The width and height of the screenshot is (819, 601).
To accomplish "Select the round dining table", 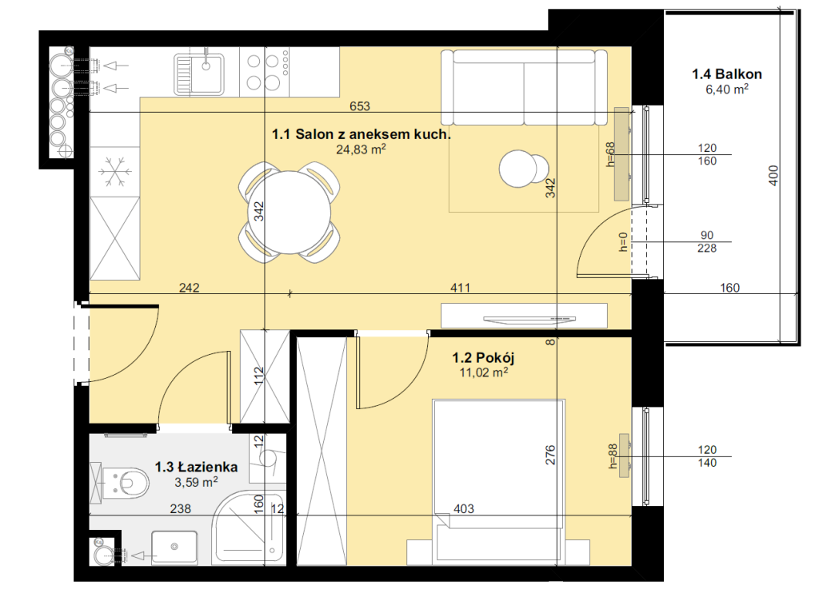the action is [290, 213].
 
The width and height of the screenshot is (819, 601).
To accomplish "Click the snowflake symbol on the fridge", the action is [115, 172].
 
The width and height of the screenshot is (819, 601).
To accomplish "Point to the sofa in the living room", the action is [524, 87].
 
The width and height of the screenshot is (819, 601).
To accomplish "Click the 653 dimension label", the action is [360, 106].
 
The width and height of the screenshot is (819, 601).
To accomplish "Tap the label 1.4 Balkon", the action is [727, 74].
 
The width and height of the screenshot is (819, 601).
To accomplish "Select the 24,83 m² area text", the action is [361, 149].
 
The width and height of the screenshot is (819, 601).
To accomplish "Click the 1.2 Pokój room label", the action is [484, 357].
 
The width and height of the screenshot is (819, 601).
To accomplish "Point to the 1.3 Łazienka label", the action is [197, 467].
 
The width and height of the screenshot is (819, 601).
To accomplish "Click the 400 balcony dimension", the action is [773, 175].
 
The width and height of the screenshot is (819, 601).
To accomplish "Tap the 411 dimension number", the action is [460, 288].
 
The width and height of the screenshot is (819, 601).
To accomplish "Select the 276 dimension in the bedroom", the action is [550, 455].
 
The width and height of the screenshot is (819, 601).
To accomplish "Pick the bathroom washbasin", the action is [174, 547].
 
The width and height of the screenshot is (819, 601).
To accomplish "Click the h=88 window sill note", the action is [613, 456].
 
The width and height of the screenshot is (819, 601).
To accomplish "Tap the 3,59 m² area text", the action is [197, 482].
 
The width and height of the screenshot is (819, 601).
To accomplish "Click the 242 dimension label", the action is [189, 288].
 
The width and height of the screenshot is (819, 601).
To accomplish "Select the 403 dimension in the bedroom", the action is [464, 508].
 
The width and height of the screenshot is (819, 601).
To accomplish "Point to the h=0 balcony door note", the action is [623, 242].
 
